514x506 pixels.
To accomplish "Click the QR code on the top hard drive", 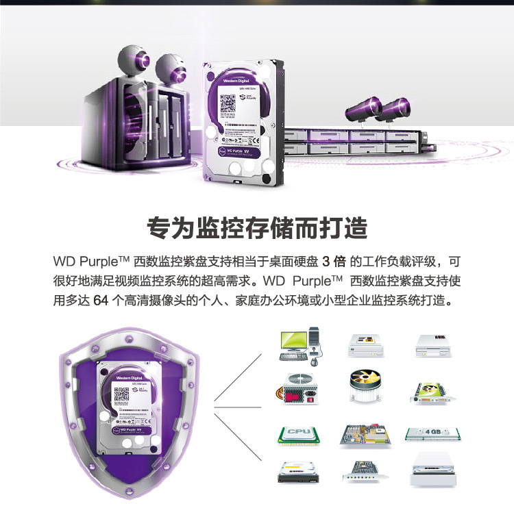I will coord(229,102).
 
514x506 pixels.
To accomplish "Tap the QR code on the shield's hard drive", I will coord(121,394).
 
